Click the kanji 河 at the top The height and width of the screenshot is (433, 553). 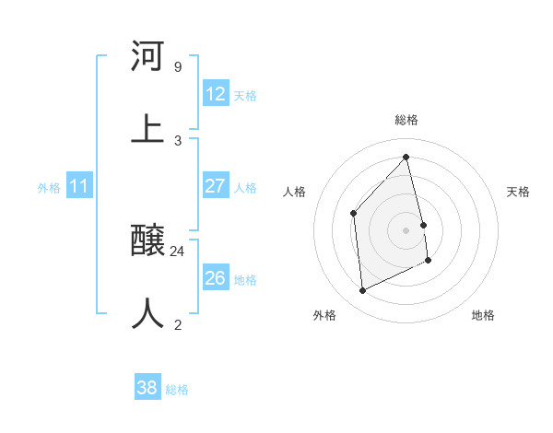coord(147,57)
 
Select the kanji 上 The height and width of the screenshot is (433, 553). coord(147,128)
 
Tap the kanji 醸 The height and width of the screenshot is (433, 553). coord(147,241)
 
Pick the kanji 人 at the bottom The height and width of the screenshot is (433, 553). coord(147,312)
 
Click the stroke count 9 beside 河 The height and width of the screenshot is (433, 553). coord(177,67)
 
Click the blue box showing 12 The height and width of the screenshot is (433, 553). coord(216,94)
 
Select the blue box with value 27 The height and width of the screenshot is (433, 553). coord(216,186)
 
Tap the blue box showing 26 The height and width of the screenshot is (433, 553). coord(216,278)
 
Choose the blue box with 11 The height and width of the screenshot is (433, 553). coord(79,186)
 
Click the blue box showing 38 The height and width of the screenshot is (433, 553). coord(147,388)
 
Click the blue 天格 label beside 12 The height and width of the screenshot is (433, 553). coord(245,95)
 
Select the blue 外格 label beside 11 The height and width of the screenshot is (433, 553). coord(49,187)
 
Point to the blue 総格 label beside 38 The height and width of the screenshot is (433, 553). coord(177,389)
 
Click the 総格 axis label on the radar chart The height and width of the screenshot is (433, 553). coord(406,120)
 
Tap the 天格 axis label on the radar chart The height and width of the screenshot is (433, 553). coord(518,192)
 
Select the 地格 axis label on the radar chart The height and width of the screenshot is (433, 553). coord(483,315)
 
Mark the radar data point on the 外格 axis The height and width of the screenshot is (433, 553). coord(362,291)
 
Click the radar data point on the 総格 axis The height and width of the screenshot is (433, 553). coord(406,158)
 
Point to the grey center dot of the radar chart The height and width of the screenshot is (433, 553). coord(406,230)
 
